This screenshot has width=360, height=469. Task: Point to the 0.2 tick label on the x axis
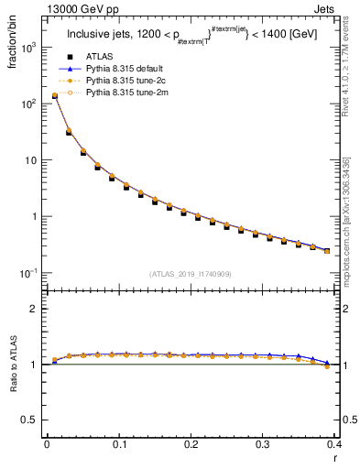point(191,444)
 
